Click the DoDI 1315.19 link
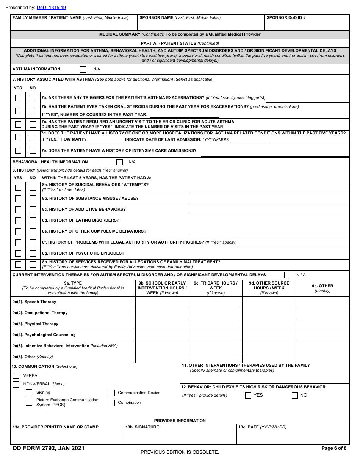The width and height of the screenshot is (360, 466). [51, 8]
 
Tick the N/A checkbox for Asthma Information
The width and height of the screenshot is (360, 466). [83, 69]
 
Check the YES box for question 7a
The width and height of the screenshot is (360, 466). [18, 98]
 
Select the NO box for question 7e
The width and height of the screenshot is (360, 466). [33, 151]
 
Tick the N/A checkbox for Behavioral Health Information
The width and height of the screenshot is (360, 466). [119, 162]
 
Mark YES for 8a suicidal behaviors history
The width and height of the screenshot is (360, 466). [18, 188]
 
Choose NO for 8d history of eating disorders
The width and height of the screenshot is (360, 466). [33, 220]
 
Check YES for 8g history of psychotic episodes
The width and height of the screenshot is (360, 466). [18, 253]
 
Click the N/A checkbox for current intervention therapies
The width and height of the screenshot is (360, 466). [287, 275]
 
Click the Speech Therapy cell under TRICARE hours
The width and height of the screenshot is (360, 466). [215, 302]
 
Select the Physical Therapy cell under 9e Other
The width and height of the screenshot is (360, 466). [322, 324]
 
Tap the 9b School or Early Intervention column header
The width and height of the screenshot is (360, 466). [162, 288]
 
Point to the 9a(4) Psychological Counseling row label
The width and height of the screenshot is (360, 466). [44, 335]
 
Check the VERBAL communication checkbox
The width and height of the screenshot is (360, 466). [16, 376]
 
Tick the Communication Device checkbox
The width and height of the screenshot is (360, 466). [112, 393]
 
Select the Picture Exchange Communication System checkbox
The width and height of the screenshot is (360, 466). [29, 402]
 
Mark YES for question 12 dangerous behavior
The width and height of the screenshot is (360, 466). [248, 396]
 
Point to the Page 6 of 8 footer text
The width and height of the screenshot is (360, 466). [334, 448]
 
